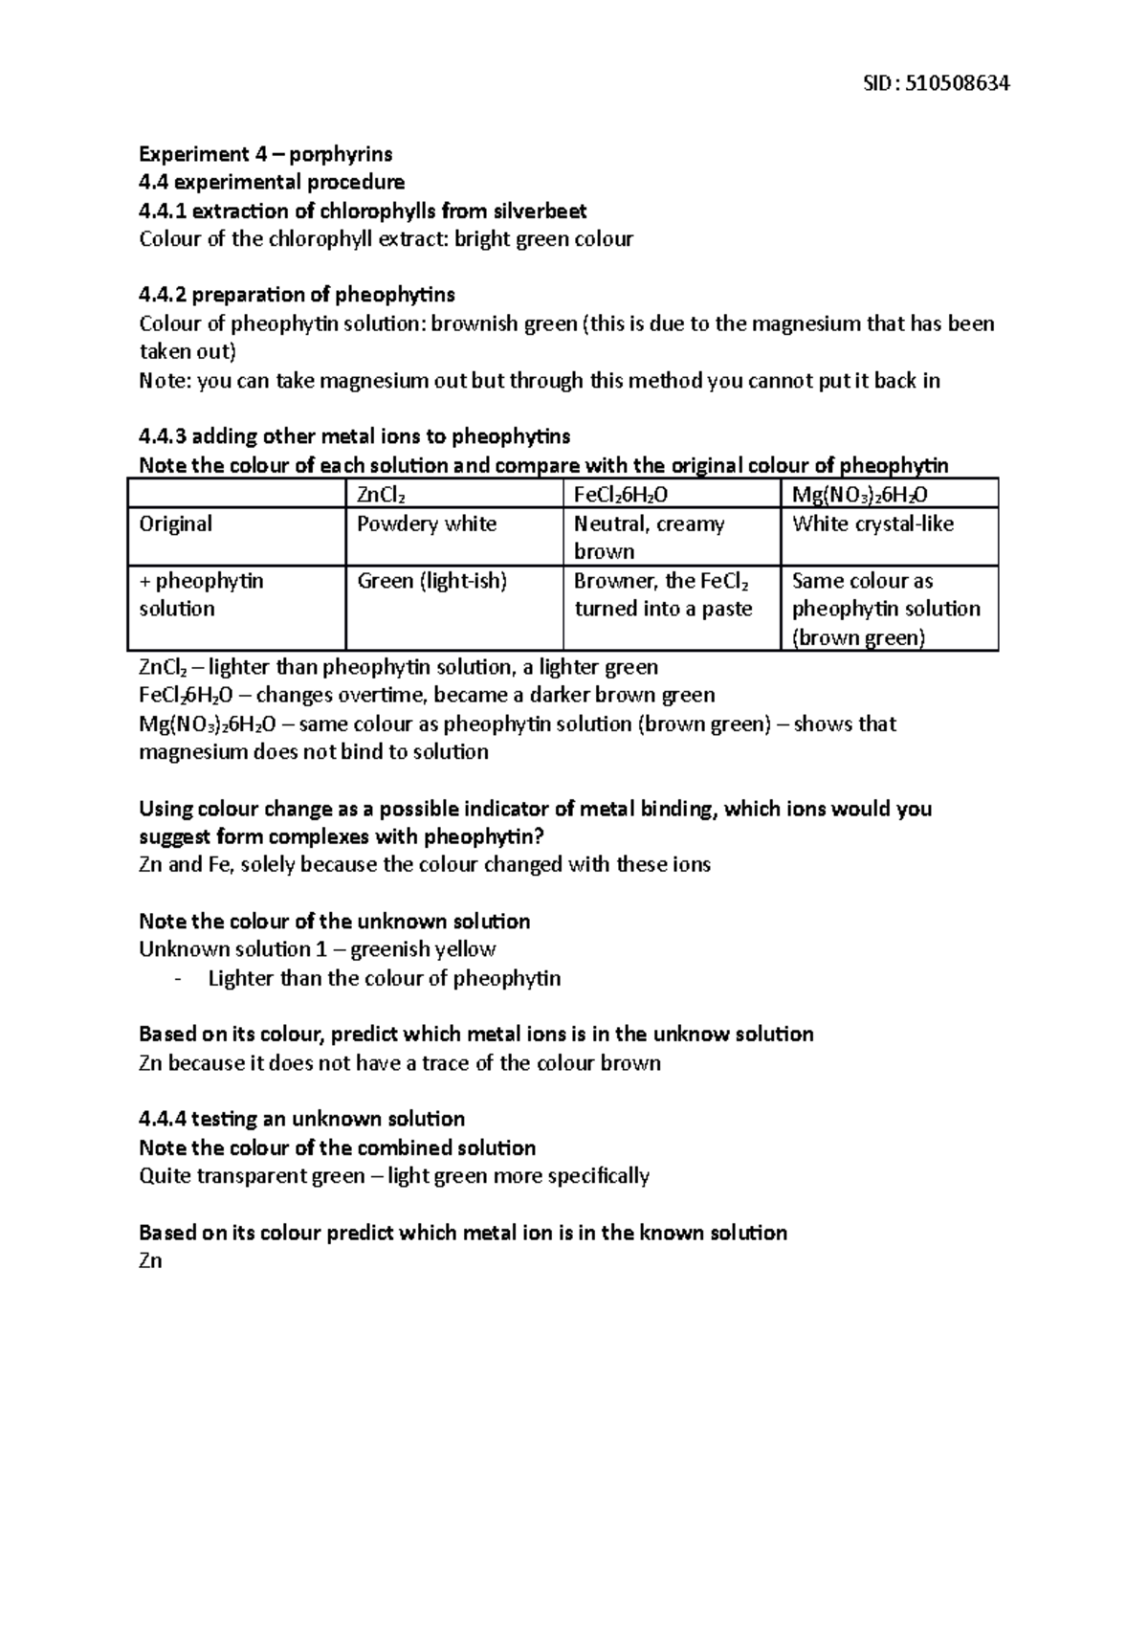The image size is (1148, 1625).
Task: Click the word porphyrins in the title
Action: (x=341, y=154)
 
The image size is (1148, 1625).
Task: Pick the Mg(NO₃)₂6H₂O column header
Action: (x=860, y=495)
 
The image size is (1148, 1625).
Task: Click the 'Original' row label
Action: (x=176, y=524)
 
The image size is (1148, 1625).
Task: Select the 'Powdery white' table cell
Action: (x=427, y=524)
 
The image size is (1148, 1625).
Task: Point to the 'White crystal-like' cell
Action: (x=872, y=524)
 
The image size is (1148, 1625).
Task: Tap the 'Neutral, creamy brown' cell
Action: (x=649, y=537)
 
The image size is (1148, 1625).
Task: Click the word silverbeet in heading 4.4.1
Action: (x=539, y=211)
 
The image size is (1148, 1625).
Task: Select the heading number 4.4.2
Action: (x=164, y=295)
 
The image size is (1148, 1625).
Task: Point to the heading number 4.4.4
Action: (x=164, y=1120)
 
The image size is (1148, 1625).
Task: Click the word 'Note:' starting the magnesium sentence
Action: (x=166, y=381)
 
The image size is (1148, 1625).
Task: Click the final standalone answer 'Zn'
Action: (x=150, y=1261)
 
